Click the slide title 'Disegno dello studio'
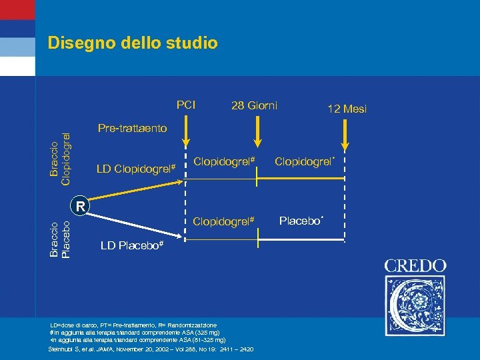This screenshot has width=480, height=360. (133, 43)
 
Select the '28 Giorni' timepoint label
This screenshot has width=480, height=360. (254, 105)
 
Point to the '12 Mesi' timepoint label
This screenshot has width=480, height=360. (346, 109)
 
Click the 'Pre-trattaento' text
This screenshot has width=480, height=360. (132, 127)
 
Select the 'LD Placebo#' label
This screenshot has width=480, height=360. (132, 246)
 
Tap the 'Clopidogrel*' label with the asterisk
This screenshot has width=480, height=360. (304, 161)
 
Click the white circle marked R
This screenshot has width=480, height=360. (80, 206)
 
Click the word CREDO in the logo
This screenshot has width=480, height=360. (415, 265)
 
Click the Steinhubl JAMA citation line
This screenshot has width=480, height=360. (156, 349)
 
